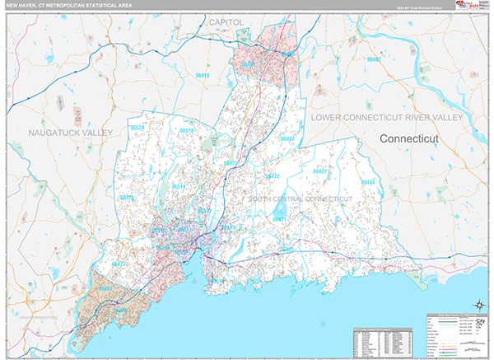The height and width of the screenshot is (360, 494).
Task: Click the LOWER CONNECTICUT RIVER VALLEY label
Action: tap(387, 119)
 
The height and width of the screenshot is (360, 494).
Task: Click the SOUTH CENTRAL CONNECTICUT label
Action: tap(300, 199)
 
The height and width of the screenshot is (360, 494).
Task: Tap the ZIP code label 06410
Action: tap(203, 76)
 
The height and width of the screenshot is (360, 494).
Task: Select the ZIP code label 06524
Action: tap(137, 128)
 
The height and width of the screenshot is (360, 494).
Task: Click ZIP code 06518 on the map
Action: tap(187, 131)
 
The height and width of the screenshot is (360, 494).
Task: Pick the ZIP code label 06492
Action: tap(286, 139)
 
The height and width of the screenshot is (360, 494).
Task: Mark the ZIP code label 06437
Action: tap(320, 171)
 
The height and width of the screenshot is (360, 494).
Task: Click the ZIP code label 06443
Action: tap(367, 181)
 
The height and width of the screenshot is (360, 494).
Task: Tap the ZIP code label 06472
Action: tap(273, 176)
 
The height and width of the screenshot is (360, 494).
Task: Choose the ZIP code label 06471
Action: tap(280, 219)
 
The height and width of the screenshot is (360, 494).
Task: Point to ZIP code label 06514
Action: tap(178, 187)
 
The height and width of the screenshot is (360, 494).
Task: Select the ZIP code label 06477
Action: tap(120, 264)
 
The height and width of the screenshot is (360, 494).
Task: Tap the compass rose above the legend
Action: tap(478, 306)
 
